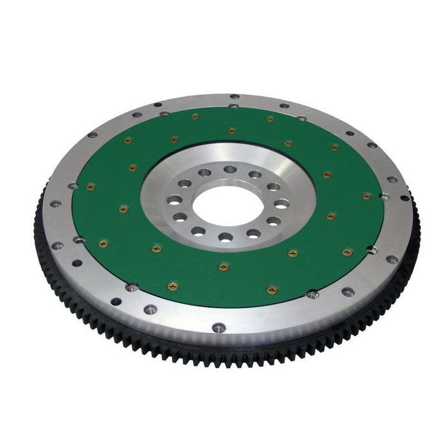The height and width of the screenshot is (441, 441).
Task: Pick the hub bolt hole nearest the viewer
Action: pos(225,237)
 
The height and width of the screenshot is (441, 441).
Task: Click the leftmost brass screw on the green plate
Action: pos(90,187)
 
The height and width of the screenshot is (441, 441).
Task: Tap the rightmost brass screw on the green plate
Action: pos(367,196)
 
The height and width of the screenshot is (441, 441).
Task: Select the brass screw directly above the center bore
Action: pos(231,130)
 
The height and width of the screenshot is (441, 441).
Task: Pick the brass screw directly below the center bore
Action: pos(222,267)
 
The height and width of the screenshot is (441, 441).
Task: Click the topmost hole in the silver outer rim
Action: pos(235,97)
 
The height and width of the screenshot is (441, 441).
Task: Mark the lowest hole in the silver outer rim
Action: pos(218,328)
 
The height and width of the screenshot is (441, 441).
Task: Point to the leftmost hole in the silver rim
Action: pos(56,204)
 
